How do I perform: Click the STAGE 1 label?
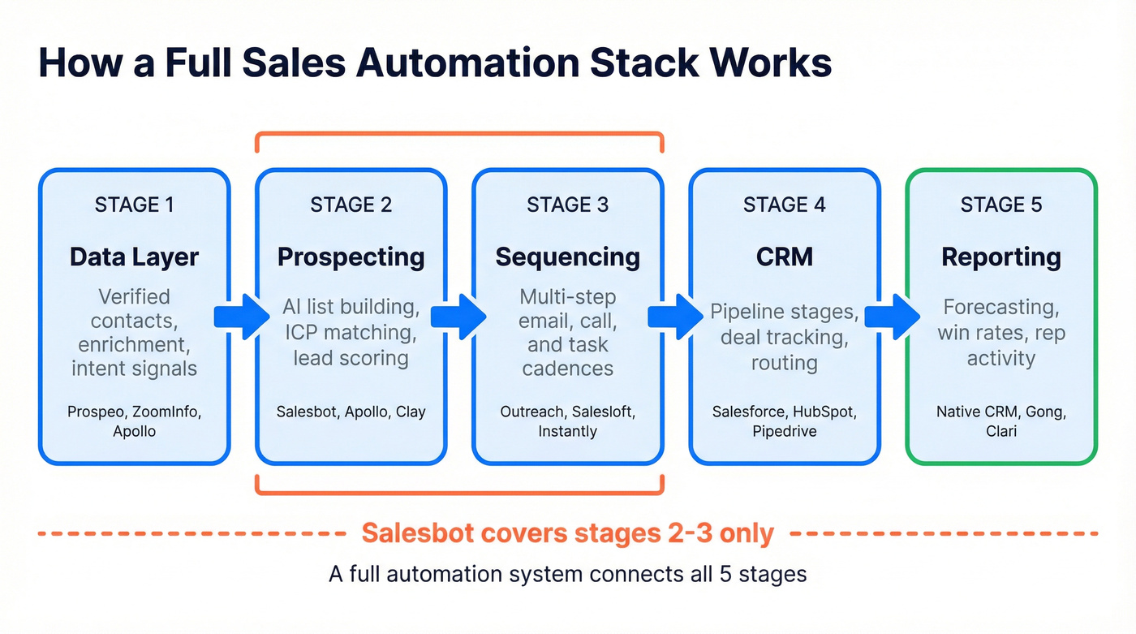[134, 205]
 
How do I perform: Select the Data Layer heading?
[134, 257]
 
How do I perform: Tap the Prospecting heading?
[351, 257]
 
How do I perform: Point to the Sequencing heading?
[567, 257]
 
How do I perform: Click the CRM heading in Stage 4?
[784, 257]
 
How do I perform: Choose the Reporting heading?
[1000, 257]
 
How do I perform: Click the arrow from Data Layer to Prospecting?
[243, 317]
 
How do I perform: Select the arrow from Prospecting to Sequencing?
[458, 317]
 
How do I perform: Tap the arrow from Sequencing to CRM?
[676, 317]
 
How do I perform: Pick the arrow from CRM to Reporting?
[893, 317]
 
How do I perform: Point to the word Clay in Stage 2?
[411, 412]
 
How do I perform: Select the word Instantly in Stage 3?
[567, 431]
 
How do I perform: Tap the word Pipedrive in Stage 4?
[784, 431]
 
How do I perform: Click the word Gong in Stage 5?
[1044, 412]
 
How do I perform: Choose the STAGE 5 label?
[1000, 205]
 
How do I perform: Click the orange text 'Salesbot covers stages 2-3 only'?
[567, 533]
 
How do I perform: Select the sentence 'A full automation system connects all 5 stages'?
[567, 574]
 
